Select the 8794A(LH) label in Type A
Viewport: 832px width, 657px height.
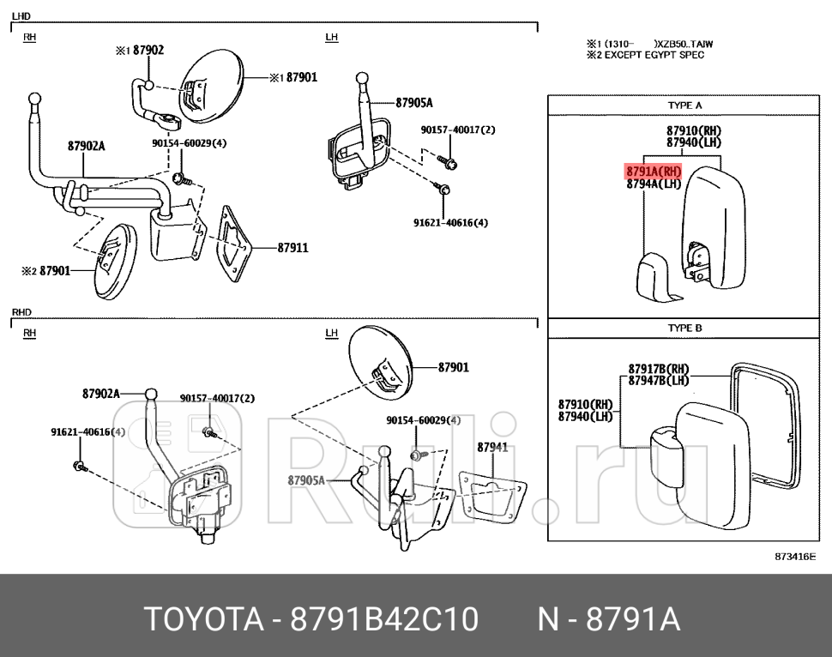click(653, 184)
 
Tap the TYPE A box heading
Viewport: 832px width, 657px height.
click(684, 105)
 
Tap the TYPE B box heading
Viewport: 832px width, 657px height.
click(684, 328)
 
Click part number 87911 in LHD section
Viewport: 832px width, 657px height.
click(292, 248)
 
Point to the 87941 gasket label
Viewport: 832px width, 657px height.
click(492, 447)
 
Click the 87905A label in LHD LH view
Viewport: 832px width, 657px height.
click(414, 103)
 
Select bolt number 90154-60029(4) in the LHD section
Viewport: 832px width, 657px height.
click(189, 143)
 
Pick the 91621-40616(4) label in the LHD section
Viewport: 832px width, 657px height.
click(450, 223)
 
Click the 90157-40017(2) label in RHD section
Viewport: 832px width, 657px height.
click(217, 398)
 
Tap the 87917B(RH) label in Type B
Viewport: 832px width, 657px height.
click(659, 370)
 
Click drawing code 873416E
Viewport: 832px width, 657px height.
click(794, 557)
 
